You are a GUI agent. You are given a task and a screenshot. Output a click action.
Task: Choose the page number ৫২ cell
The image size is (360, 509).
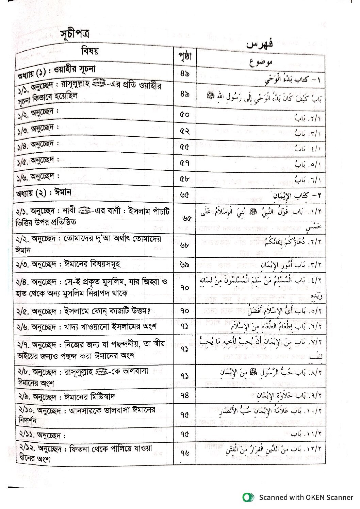coord(184,131)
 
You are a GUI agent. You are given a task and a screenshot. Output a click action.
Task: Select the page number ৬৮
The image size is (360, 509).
coord(184,245)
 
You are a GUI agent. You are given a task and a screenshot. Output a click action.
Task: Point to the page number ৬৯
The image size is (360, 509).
coord(184,264)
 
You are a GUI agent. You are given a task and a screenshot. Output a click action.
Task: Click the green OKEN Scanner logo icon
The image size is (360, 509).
coord(248,497)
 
